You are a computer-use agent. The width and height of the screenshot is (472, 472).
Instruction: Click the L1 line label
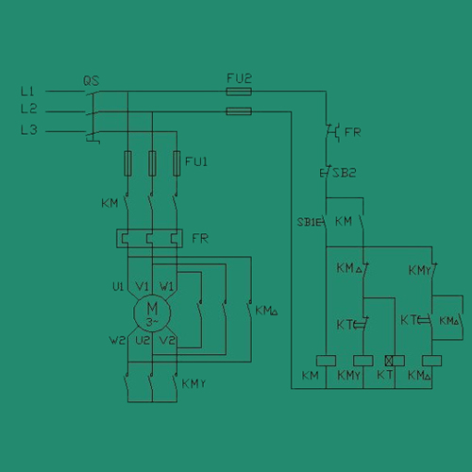tap(27, 92)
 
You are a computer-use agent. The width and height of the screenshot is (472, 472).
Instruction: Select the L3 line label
tap(29, 130)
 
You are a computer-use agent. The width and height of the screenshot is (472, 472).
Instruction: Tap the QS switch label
tap(92, 81)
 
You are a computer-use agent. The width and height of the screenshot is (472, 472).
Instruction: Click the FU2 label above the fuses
tap(239, 78)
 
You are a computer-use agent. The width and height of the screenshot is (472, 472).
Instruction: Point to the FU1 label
tap(196, 161)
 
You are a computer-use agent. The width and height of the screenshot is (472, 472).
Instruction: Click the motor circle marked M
tap(152, 313)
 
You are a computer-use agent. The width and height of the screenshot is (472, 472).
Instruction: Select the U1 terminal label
tap(118, 287)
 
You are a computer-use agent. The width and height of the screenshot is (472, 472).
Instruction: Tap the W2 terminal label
tap(117, 341)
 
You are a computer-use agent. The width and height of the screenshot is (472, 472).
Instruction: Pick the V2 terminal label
tap(167, 340)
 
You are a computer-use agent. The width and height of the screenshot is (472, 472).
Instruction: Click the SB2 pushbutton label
tap(345, 173)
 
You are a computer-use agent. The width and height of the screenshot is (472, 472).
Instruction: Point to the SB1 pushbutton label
tap(307, 222)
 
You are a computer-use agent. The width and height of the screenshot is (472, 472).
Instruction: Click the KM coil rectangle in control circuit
tap(326, 361)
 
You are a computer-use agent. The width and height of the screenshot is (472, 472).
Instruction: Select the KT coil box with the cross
tap(395, 361)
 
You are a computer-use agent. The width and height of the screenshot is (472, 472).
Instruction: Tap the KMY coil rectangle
tap(363, 361)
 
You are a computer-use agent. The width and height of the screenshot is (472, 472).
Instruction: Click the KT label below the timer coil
tap(385, 375)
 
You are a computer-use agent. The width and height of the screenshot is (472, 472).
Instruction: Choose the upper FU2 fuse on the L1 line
tap(239, 92)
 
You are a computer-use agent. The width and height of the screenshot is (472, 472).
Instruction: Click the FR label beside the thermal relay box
tap(200, 239)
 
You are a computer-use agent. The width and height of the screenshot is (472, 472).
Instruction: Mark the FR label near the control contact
tap(353, 132)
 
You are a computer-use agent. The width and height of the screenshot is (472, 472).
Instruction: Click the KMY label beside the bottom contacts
tap(194, 383)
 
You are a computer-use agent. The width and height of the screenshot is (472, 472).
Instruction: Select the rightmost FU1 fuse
tap(177, 163)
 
